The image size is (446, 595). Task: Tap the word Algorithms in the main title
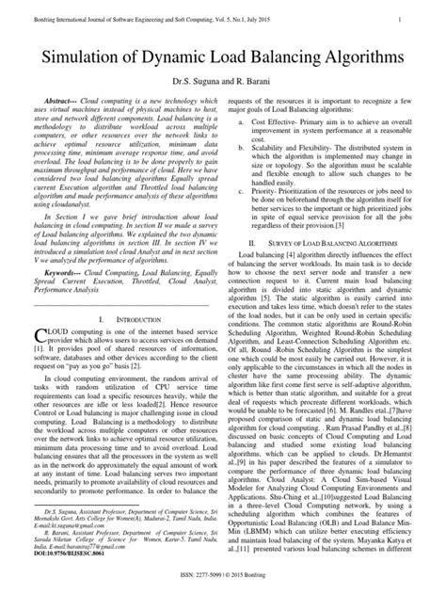(x=355, y=58)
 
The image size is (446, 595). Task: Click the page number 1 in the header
(x=427, y=18)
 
